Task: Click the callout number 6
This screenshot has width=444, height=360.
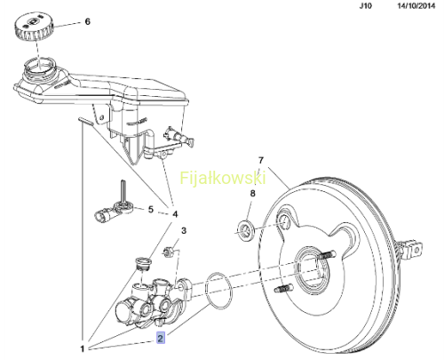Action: (87, 21)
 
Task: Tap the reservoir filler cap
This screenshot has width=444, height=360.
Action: (35, 28)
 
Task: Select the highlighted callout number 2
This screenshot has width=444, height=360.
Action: (160, 338)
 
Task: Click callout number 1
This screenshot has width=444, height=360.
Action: (83, 348)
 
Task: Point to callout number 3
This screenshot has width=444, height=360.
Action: (184, 230)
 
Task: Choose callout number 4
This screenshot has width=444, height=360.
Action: (175, 213)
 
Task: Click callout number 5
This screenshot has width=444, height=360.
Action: (151, 210)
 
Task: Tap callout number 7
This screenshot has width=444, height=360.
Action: (260, 160)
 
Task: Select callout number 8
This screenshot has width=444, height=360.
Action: (252, 194)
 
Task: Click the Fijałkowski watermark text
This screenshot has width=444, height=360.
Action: (223, 178)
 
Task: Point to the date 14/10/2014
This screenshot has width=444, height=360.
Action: (416, 5)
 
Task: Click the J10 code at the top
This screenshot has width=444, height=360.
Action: (365, 5)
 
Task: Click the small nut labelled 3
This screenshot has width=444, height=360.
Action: (168, 252)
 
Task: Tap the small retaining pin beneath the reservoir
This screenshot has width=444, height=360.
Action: (86, 121)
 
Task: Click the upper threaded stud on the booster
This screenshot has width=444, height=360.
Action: (327, 254)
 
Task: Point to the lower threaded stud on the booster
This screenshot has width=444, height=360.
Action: (284, 288)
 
